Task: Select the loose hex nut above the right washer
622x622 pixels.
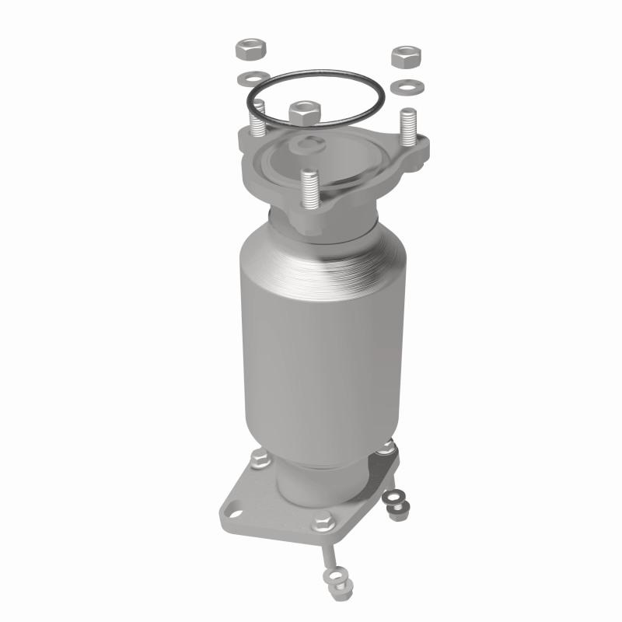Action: click(x=406, y=57)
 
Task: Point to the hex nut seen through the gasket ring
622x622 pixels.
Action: click(x=303, y=113)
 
